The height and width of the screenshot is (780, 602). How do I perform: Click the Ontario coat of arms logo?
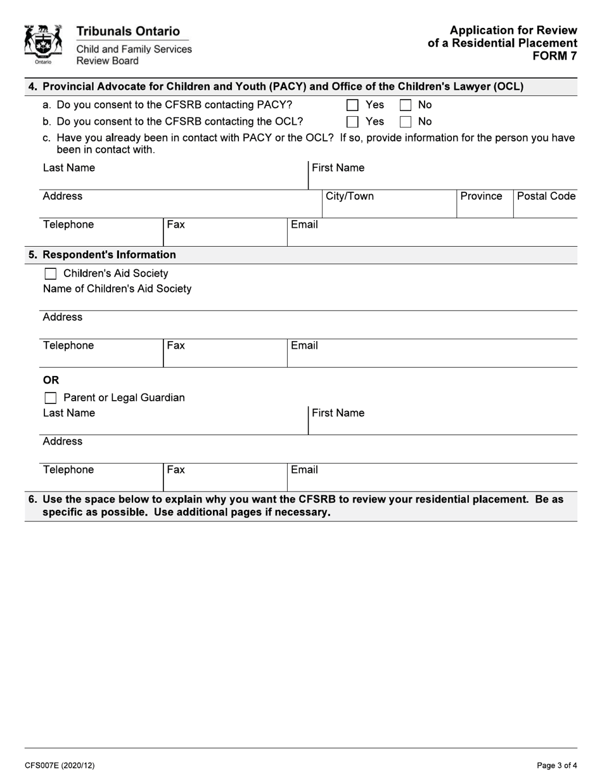point(43,44)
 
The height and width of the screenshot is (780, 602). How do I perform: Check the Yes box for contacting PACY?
point(353,105)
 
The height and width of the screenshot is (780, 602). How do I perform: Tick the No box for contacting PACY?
point(406,105)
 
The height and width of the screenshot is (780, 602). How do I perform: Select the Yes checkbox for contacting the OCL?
point(353,122)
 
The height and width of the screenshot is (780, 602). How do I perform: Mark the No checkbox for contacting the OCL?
point(406,122)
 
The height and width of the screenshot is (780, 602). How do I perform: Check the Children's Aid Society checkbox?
point(51,274)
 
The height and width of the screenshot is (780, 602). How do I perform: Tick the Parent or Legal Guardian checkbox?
point(51,398)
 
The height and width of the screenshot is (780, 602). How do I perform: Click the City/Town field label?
point(350,196)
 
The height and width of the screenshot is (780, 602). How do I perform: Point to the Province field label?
point(481,196)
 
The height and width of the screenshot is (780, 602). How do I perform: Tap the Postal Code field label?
point(546,196)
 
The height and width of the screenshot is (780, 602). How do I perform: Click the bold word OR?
point(51,380)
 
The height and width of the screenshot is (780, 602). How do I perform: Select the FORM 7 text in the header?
point(554,55)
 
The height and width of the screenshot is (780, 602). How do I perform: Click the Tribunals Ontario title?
point(128,31)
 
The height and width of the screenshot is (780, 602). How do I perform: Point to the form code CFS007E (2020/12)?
point(60,765)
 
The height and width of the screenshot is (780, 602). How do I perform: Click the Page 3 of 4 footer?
point(557,765)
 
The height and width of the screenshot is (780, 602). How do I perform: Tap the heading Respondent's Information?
point(109,255)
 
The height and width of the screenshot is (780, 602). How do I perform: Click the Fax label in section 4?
point(176,224)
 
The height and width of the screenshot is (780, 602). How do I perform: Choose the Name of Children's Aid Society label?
point(117,289)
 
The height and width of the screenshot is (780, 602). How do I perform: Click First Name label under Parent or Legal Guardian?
point(338,413)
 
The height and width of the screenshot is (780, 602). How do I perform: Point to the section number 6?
point(32,500)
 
